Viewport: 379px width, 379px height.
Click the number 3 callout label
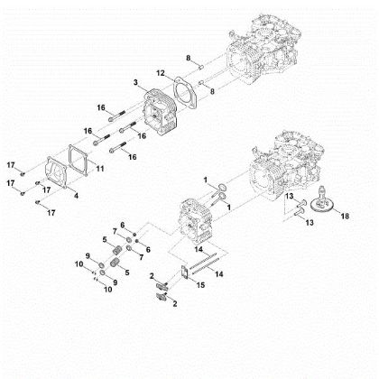pos(135,83)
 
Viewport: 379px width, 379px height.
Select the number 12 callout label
pos(161,71)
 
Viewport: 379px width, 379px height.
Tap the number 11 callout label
pos(99,169)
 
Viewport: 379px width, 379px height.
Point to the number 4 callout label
pos(76,194)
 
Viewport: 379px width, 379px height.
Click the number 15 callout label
pos(200,285)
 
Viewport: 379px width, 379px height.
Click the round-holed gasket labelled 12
pos(182,94)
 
